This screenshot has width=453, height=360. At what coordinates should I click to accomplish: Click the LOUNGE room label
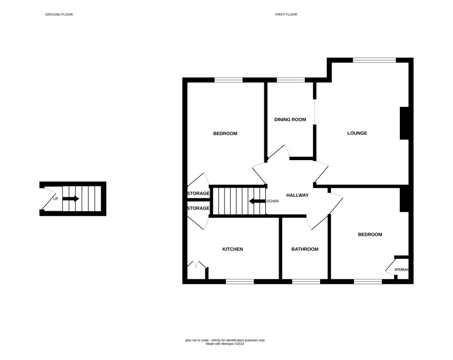click(357, 133)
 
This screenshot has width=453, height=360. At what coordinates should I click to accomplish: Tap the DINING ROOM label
click(290, 120)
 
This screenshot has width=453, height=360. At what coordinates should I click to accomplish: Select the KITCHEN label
click(233, 249)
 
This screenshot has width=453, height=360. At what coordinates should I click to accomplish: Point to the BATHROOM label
click(305, 249)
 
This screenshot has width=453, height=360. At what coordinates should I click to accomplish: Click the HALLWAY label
click(298, 195)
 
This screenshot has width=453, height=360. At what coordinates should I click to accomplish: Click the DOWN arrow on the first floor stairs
click(257, 201)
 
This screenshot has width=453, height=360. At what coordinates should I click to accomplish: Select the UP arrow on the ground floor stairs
click(71, 198)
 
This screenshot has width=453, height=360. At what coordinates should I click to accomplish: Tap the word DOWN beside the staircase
click(273, 201)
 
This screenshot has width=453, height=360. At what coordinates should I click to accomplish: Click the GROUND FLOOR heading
click(59, 14)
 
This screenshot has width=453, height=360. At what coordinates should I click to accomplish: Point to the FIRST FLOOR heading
click(286, 14)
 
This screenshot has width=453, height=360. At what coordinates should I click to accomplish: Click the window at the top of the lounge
click(374, 60)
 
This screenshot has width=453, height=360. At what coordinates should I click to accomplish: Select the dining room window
click(290, 80)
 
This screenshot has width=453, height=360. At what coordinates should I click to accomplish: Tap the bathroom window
click(306, 281)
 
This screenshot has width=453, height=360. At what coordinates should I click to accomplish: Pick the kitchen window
click(240, 281)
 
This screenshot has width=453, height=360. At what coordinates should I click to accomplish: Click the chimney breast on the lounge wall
click(404, 123)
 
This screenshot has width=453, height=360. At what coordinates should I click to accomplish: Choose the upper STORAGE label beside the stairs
click(198, 193)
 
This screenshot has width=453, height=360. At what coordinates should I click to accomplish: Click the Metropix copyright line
click(225, 344)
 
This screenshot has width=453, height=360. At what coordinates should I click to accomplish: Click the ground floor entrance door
click(48, 198)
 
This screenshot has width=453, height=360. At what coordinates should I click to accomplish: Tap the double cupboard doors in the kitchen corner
click(197, 265)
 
